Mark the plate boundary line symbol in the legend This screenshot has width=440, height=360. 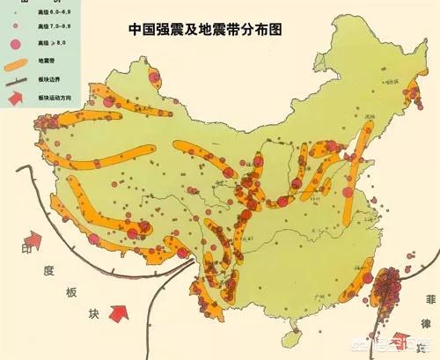point(15,80)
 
